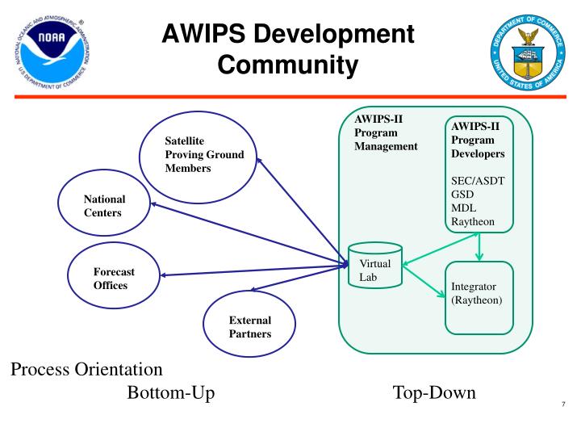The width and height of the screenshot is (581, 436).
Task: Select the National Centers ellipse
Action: (x=104, y=207)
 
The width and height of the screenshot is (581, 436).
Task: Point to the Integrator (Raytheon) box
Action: (x=479, y=294)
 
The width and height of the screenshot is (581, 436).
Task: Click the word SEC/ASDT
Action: (x=479, y=180)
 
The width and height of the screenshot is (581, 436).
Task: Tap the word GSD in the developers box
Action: (x=464, y=194)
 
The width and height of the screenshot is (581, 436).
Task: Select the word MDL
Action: (x=466, y=208)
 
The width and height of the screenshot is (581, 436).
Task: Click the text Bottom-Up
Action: (x=170, y=394)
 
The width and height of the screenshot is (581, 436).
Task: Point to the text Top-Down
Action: (x=434, y=394)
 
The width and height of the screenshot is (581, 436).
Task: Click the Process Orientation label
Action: (x=86, y=370)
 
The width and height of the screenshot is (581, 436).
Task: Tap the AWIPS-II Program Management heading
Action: (x=386, y=132)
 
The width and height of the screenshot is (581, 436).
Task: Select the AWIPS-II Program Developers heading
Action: (x=479, y=139)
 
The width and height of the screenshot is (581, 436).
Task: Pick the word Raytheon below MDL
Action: (x=474, y=221)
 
